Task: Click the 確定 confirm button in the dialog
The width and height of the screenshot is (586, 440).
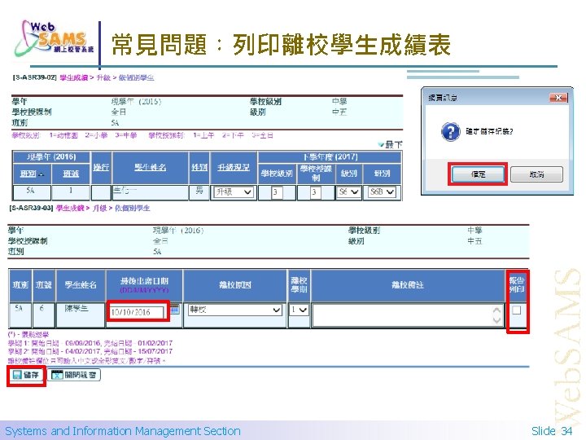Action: click(x=478, y=174)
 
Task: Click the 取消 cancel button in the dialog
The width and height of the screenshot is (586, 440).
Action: click(x=536, y=174)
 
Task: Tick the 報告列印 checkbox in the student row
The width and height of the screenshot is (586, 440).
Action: click(x=516, y=310)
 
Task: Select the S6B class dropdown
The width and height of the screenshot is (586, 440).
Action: click(x=383, y=192)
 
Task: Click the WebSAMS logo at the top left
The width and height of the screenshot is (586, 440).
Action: click(x=54, y=37)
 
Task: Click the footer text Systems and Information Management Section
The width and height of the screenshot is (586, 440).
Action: click(x=122, y=430)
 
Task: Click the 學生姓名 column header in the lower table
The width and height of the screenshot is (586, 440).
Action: click(x=81, y=284)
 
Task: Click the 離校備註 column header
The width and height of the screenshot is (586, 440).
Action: click(x=408, y=284)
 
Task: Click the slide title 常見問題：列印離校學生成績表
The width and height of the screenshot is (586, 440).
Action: click(x=281, y=45)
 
